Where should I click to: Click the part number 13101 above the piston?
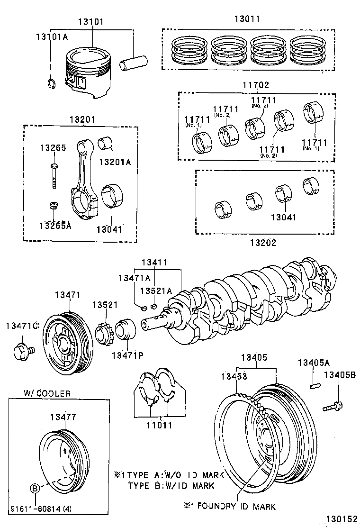pos(92,22)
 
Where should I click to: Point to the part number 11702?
pos(256,86)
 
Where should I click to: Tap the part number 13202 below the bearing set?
pos(263,243)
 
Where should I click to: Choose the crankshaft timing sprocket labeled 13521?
pos(104,335)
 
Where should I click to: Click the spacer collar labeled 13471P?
pos(126,331)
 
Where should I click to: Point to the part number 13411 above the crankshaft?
pos(154,262)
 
